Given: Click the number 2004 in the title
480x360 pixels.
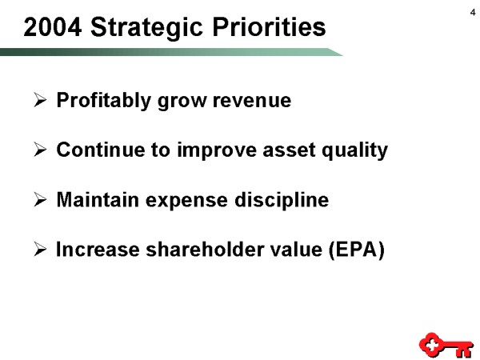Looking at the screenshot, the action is point(53,27).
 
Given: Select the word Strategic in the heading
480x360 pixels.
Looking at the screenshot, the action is point(147,29).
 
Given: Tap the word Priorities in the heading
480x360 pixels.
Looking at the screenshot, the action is point(269,27).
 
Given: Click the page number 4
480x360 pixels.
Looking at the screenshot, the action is point(473,13).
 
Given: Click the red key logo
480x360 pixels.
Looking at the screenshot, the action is point(446,345).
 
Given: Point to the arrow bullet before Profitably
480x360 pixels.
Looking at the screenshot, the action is point(40,100).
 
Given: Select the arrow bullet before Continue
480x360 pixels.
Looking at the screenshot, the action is point(40,150).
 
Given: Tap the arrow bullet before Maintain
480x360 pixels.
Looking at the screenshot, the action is point(40,199).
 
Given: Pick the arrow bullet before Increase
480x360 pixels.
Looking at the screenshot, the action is point(40,249).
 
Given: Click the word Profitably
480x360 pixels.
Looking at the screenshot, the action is point(104,101).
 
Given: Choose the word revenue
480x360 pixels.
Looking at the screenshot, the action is point(252,101).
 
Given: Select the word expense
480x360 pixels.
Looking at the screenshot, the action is point(186,201).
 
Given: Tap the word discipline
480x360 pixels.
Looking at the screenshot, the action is point(282,200).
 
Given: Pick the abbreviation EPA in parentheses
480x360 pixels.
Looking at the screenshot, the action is point(356,250).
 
